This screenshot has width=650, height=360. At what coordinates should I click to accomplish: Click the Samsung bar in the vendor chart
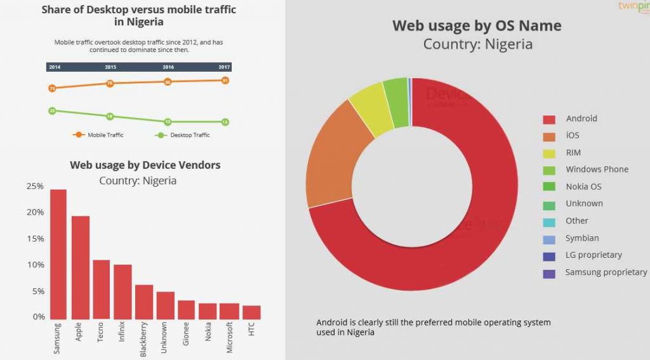(58, 254)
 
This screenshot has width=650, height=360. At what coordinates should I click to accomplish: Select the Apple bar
(80, 267)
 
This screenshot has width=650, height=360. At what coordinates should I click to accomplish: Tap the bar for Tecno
(101, 289)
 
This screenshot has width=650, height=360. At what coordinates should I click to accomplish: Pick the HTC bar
(251, 312)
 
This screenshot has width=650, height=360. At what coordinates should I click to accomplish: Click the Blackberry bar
(144, 302)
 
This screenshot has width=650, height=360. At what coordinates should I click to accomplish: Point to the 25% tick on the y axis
(35, 186)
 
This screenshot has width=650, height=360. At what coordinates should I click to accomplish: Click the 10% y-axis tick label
(35, 265)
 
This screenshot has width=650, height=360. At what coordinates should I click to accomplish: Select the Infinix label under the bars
(122, 332)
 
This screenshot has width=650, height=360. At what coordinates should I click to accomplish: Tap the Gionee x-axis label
(187, 333)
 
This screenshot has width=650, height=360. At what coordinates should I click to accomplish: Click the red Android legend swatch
(549, 119)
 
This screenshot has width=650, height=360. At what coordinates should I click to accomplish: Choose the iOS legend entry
(572, 135)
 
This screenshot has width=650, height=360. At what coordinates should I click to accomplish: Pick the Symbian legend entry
(582, 238)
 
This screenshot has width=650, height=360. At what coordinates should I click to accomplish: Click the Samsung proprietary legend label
(606, 272)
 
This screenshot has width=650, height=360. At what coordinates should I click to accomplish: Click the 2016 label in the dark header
(168, 67)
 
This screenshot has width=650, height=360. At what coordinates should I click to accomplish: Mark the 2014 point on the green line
(52, 111)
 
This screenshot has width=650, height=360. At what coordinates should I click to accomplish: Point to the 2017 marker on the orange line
(225, 81)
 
